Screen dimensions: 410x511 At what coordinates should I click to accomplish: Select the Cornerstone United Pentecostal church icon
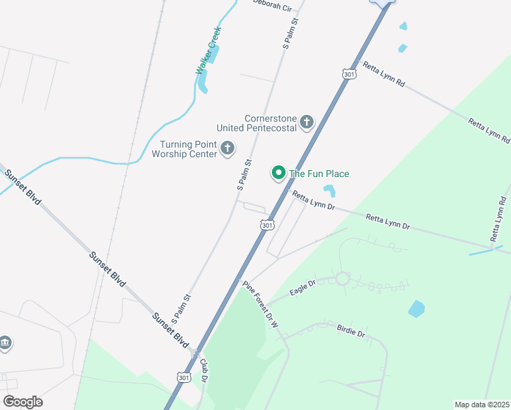(307, 122)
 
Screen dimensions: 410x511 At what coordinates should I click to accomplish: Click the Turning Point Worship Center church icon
(227, 148)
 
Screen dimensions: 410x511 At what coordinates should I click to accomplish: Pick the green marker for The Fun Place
(279, 173)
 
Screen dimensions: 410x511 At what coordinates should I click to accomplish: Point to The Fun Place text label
(319, 174)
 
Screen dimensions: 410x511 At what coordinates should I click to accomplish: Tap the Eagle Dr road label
(303, 288)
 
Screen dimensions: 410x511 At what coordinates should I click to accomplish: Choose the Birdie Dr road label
(351, 331)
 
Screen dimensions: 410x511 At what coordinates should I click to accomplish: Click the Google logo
(23, 402)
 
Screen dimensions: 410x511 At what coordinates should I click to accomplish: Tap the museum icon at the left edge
(5, 342)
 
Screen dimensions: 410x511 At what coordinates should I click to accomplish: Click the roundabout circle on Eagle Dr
(342, 279)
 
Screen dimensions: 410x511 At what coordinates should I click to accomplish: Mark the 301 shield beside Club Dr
(182, 377)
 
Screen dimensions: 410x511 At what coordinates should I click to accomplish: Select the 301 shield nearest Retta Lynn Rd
(349, 74)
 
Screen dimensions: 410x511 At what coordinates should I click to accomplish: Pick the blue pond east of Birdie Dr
(416, 309)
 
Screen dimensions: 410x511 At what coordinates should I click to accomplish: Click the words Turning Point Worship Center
(188, 148)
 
